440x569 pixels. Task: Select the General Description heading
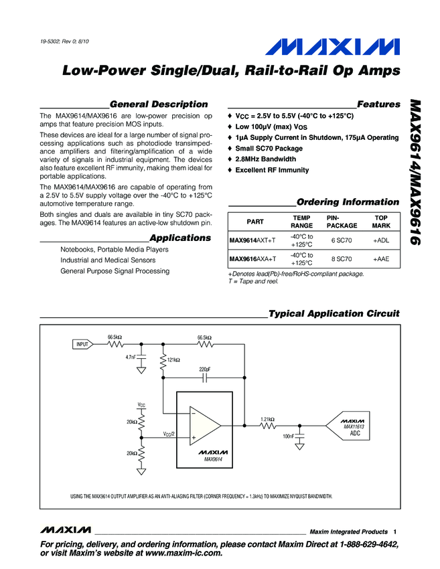click(x=158, y=104)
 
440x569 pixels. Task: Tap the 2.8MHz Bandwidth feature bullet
click(x=265, y=159)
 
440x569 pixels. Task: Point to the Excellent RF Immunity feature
click(x=272, y=171)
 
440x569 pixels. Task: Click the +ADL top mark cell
click(x=381, y=240)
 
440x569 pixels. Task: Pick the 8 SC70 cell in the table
click(x=342, y=259)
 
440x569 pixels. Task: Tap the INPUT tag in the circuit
click(x=82, y=344)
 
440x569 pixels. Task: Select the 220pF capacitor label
click(x=205, y=369)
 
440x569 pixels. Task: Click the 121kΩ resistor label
click(x=173, y=360)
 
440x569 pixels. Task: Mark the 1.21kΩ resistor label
click(x=267, y=419)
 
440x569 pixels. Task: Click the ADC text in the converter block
click(x=356, y=434)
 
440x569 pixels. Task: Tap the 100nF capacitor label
click(x=289, y=436)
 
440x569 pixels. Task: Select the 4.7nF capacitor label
click(x=131, y=357)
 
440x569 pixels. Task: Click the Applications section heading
click(x=180, y=238)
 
